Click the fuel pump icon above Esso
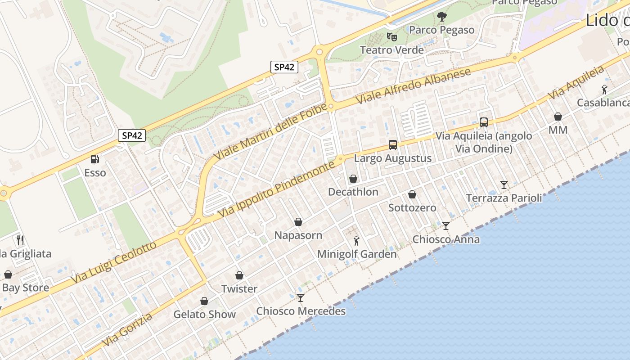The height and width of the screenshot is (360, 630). click(x=94, y=159)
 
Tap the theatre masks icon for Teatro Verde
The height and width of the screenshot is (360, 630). click(x=391, y=36)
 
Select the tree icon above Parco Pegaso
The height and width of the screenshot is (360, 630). click(x=442, y=17)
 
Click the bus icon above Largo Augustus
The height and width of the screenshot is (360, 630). click(x=393, y=145)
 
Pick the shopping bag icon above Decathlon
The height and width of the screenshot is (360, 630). click(x=353, y=179)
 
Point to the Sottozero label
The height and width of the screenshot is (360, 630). click(x=412, y=207)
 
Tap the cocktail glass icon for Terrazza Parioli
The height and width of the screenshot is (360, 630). click(x=504, y=184)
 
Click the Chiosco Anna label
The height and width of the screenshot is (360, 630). click(x=446, y=239)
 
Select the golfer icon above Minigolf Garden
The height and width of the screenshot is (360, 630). click(x=356, y=241)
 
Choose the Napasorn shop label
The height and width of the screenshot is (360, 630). click(x=298, y=235)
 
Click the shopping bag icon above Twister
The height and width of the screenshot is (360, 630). click(x=239, y=275)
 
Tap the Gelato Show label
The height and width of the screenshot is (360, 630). click(x=205, y=314)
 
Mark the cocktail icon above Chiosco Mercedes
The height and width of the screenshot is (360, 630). click(x=301, y=297)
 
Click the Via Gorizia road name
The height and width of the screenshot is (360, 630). click(x=127, y=330)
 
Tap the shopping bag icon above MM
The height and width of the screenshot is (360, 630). click(x=558, y=117)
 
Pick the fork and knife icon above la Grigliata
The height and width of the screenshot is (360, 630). click(x=20, y=240)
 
